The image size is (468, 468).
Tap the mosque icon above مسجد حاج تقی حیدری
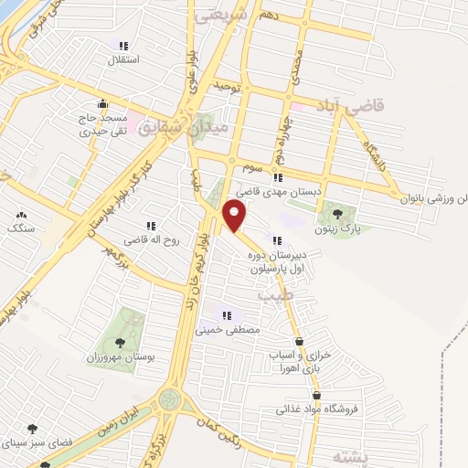[x=102, y=102]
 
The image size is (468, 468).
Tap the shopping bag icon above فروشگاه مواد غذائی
[x=317, y=396]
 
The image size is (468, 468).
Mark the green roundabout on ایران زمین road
[x=169, y=399]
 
